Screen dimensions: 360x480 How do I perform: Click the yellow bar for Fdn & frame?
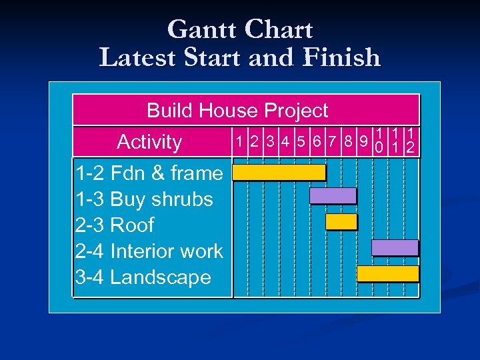[279, 173]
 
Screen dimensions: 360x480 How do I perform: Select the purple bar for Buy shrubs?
[333, 196]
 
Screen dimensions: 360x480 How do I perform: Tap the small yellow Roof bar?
[341, 221]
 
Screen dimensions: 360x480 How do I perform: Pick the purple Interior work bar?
[395, 247]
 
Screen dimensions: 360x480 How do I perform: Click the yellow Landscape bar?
[387, 273]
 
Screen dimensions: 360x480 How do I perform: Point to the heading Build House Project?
[237, 110]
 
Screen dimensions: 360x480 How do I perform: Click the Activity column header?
[149, 141]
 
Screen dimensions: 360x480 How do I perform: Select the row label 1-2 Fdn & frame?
[149, 173]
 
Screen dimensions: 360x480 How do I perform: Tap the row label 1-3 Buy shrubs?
[144, 199]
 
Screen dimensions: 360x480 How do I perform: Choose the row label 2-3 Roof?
[115, 225]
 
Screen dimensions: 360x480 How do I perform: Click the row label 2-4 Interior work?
[149, 251]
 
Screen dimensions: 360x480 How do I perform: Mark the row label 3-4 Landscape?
[143, 277]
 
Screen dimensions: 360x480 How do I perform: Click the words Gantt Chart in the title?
[240, 30]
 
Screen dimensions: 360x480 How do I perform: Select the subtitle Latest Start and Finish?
[240, 57]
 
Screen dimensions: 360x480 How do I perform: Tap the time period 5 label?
[302, 141]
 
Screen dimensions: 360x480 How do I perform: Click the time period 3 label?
[270, 141]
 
